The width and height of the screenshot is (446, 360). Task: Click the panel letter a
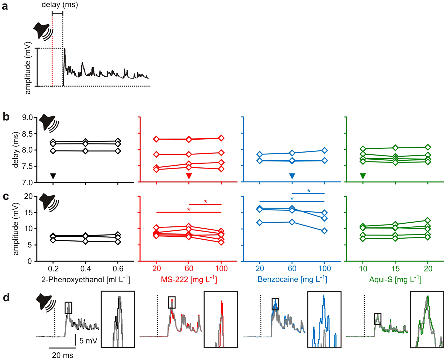pyautogui.click(x=5, y=6)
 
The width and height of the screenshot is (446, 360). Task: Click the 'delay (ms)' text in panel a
pyautogui.click(x=59, y=5)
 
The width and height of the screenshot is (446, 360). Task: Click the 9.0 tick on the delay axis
pyautogui.click(x=27, y=118)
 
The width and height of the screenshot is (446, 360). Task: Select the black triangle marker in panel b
pyautogui.click(x=53, y=176)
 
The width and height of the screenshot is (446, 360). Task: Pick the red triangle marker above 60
pyautogui.click(x=189, y=176)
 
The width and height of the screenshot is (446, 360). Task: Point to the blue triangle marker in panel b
pyautogui.click(x=292, y=176)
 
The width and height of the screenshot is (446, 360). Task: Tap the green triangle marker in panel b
pyautogui.click(x=363, y=176)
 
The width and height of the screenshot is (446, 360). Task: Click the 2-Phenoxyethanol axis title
pyautogui.click(x=86, y=279)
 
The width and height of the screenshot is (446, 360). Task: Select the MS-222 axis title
pyautogui.click(x=189, y=279)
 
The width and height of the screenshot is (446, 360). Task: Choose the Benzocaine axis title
pyautogui.click(x=292, y=279)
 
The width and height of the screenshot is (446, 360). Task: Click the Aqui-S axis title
pyautogui.click(x=395, y=279)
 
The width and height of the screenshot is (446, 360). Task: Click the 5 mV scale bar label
pyautogui.click(x=88, y=341)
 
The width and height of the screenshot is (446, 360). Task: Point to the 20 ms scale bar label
pyautogui.click(x=62, y=355)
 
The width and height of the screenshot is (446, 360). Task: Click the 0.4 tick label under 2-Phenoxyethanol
pyautogui.click(x=85, y=269)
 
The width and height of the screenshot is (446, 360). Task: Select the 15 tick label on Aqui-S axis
pyautogui.click(x=395, y=269)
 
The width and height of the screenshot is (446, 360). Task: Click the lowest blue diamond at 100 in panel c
pyautogui.click(x=324, y=231)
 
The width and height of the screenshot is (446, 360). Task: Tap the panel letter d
pyautogui.click(x=6, y=298)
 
